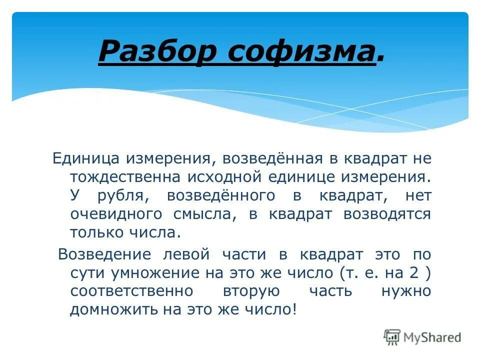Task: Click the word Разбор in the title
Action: click(x=158, y=51)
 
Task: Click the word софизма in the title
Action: click(x=301, y=51)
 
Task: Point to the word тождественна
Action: click(x=126, y=177)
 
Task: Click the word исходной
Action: click(x=224, y=177)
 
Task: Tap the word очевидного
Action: click(x=116, y=214)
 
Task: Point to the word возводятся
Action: click(x=386, y=214)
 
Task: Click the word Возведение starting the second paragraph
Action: click(x=104, y=254)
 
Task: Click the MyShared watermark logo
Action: click(x=422, y=337)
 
